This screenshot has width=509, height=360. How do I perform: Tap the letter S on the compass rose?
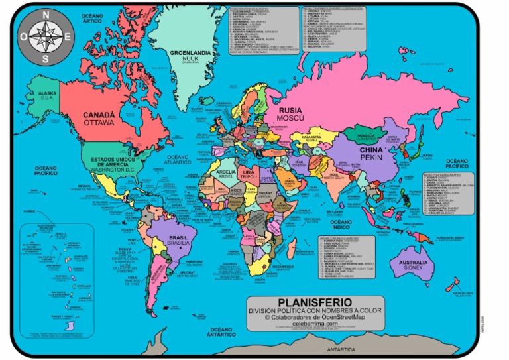tap(46, 58)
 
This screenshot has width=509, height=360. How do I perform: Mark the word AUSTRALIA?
tap(409, 262)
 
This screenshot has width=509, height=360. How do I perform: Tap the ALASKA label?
tap(48, 94)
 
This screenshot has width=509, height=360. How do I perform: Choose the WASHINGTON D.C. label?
tap(112, 170)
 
